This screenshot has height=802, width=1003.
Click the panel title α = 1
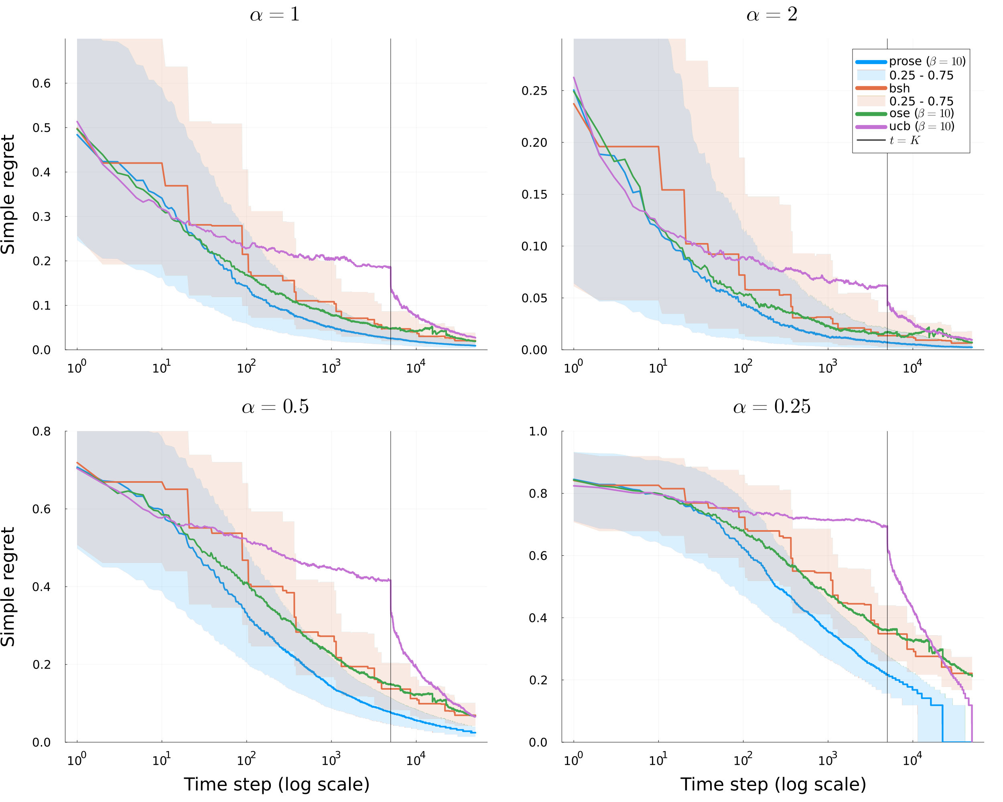[x=275, y=15]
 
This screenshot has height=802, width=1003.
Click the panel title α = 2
[x=772, y=15]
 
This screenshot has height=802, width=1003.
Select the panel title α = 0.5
[x=275, y=407]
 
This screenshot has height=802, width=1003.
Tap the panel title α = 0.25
[x=772, y=407]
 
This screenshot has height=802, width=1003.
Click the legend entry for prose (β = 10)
[x=927, y=61]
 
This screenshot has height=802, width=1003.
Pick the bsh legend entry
[x=899, y=88]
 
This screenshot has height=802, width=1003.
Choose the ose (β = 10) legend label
[x=921, y=113]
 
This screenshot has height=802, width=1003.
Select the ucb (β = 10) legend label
[x=921, y=126]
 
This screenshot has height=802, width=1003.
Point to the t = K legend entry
[x=904, y=140]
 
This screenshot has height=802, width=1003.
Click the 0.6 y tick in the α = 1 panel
[x=41, y=84]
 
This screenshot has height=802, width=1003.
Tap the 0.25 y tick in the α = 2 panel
[x=534, y=91]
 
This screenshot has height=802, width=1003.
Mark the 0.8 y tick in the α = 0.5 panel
[x=41, y=431]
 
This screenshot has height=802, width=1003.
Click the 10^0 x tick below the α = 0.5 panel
[x=76, y=761]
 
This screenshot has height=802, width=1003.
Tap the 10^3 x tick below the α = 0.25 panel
[x=827, y=761]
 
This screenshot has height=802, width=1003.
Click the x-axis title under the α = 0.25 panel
[x=773, y=784]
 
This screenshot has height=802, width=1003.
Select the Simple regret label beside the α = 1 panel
[x=8, y=194]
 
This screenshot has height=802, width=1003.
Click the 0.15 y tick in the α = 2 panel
[x=534, y=195]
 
